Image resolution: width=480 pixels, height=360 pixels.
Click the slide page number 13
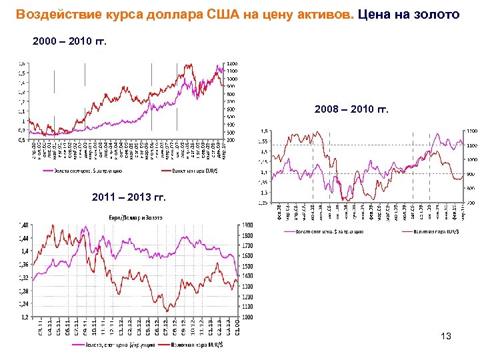(x=446, y=337)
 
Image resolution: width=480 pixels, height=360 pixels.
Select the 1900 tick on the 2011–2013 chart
(x=247, y=225)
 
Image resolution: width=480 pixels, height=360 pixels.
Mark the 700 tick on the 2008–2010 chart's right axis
(x=469, y=202)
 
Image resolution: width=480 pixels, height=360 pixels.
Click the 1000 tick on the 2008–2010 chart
(x=471, y=160)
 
